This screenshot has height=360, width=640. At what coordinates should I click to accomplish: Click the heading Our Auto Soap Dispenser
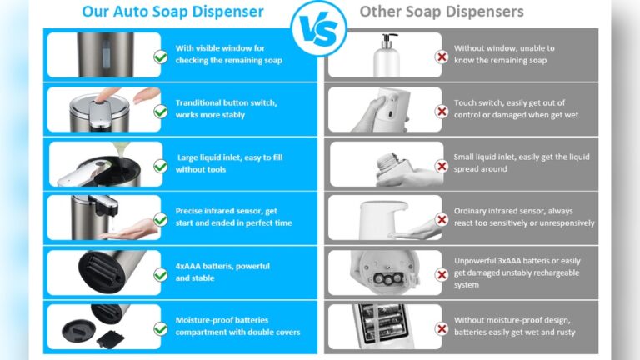(x=173, y=12)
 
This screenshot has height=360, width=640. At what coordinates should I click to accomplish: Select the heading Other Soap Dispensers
(x=442, y=12)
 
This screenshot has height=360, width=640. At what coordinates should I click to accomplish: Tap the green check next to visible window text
(x=160, y=57)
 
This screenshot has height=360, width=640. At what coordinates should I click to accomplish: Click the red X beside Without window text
(x=442, y=57)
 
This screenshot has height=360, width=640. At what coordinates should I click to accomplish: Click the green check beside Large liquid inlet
(x=160, y=166)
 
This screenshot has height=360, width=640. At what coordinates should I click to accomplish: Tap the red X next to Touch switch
(x=442, y=111)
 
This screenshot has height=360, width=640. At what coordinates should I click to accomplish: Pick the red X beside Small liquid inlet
(x=442, y=166)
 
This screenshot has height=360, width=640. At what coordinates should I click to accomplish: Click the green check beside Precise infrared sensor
(x=160, y=219)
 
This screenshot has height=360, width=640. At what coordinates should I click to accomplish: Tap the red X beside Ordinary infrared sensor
(x=442, y=219)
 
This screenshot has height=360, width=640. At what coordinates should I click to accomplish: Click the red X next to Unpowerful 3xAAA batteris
(x=442, y=273)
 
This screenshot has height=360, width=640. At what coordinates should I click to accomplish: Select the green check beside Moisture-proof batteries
(x=160, y=327)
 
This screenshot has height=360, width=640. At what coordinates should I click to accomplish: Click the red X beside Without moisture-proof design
(x=442, y=327)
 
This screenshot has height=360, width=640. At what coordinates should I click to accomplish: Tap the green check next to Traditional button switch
(x=160, y=111)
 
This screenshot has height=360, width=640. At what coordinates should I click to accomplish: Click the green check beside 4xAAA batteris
(x=160, y=273)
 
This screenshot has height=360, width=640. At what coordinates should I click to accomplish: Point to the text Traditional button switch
(x=226, y=103)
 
